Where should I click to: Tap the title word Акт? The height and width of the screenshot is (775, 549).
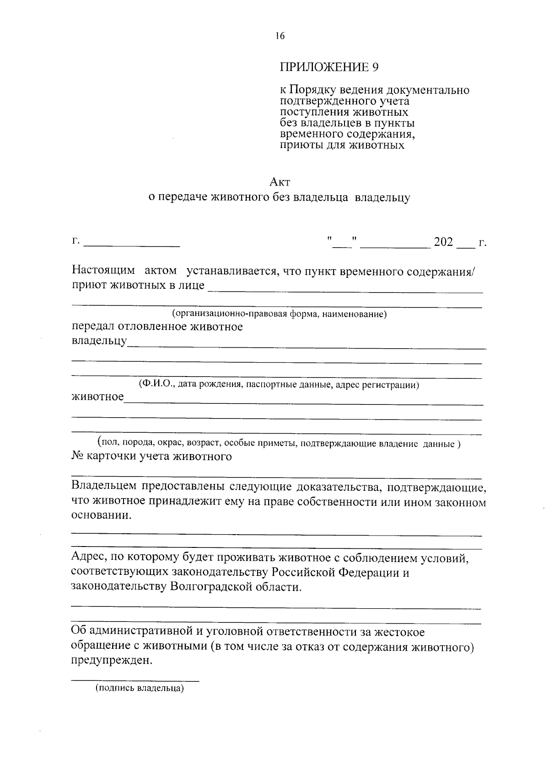tap(280, 182)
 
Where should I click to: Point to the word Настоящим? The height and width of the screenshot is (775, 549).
tap(103, 271)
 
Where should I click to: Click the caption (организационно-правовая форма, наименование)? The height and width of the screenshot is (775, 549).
tap(280, 314)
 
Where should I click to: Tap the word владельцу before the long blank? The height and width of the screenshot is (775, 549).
tap(99, 341)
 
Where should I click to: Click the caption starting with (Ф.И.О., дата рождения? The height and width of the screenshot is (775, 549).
tap(279, 385)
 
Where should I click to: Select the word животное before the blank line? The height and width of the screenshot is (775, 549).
tap(98, 397)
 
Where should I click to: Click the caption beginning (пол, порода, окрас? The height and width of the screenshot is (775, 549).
tap(279, 443)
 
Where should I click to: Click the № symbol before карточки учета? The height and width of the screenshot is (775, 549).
tap(77, 457)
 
